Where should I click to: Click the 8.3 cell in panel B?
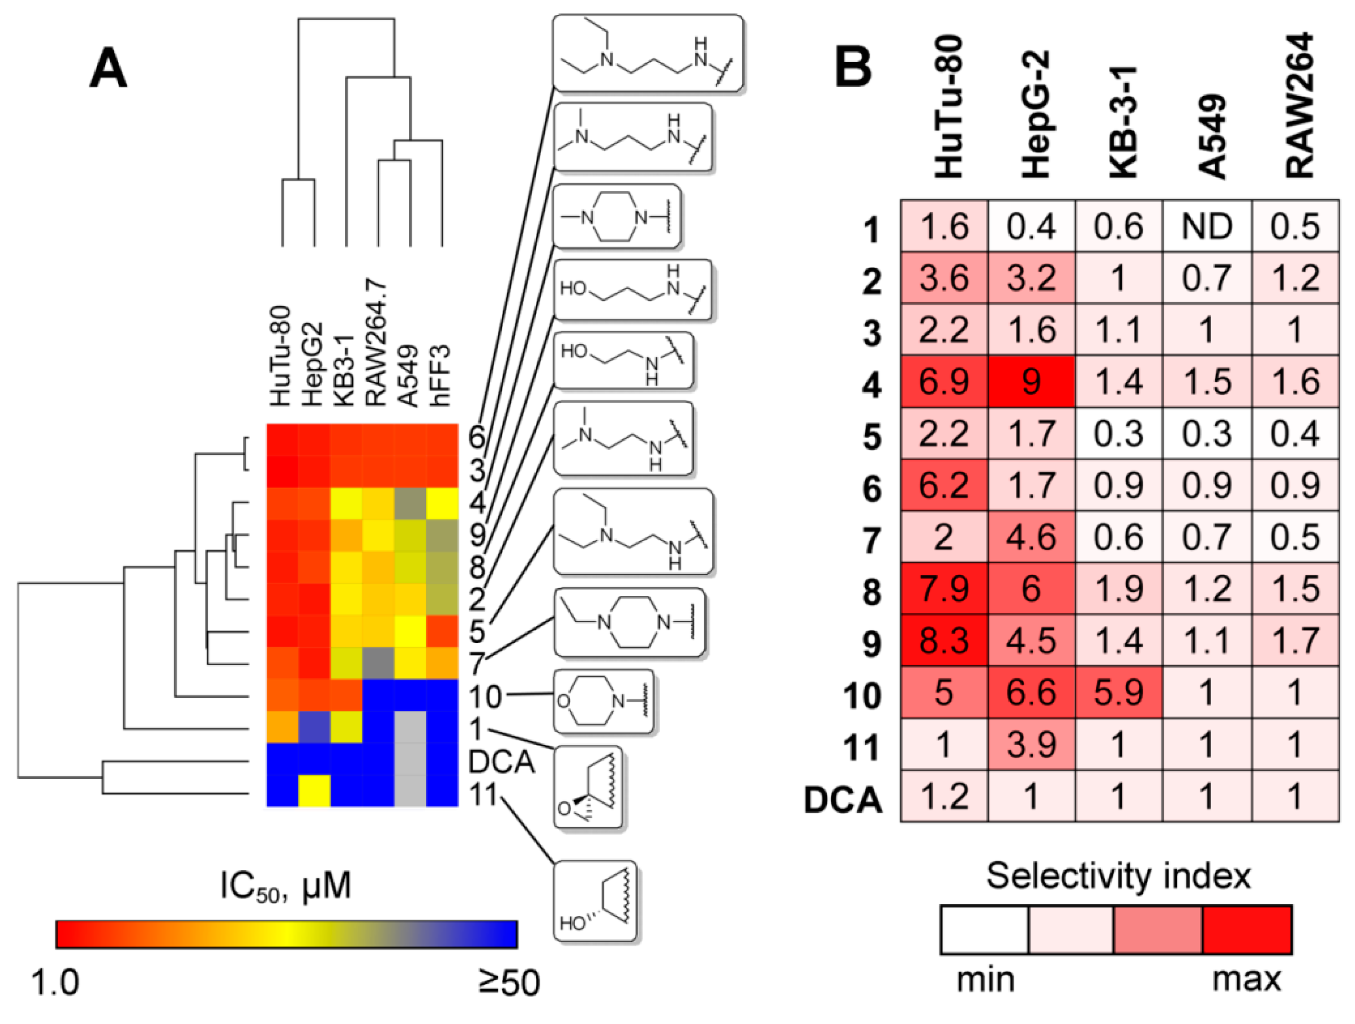(943, 641)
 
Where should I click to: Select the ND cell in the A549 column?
(1206, 226)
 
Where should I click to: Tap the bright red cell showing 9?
(1031, 381)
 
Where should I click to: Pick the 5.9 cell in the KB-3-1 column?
(1118, 693)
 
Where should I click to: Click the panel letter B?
(853, 67)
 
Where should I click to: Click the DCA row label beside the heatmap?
(501, 762)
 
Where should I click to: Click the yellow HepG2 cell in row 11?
(314, 791)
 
